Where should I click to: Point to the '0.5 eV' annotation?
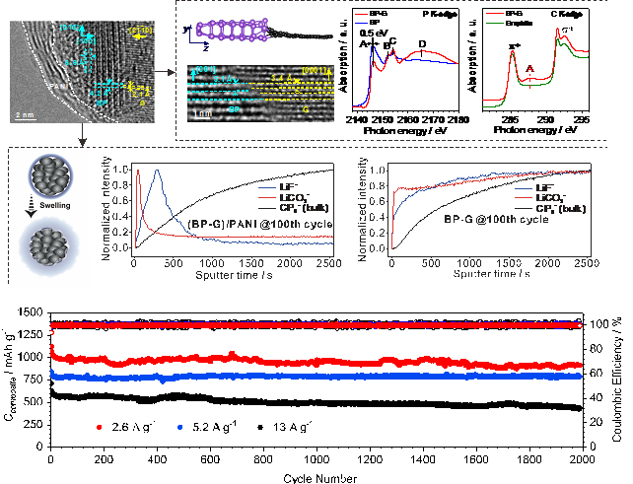coord(378,32)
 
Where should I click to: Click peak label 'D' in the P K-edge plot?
coord(422,43)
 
